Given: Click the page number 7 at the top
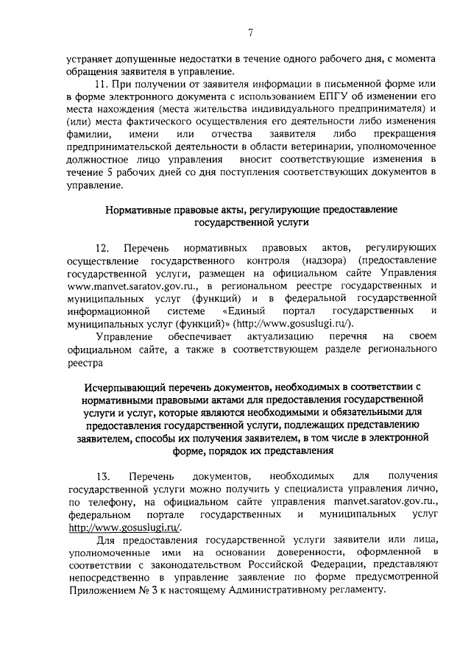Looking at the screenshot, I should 250,32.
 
